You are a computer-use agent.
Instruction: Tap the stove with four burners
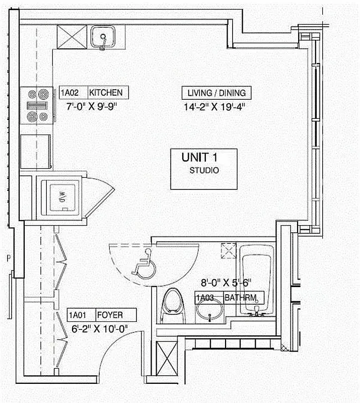(x=36, y=105)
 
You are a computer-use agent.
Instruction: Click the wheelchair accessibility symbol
(x=143, y=263)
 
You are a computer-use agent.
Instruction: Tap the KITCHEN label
(x=106, y=93)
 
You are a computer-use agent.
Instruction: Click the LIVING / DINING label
(x=217, y=93)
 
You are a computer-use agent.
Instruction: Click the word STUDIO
(x=204, y=170)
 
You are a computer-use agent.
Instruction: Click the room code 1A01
(x=78, y=316)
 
